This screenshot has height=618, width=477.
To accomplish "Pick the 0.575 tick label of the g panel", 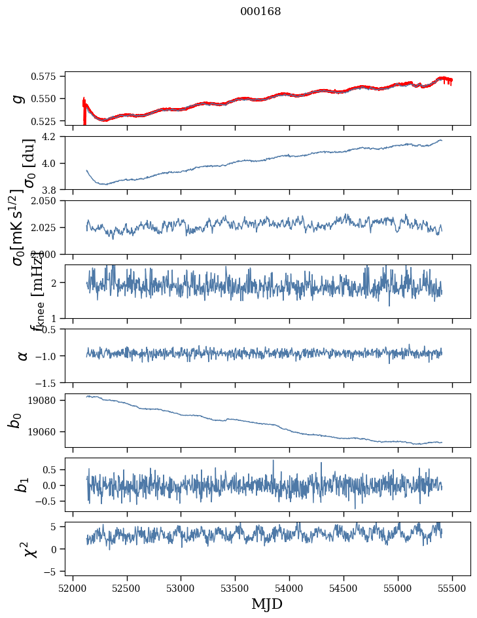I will (x=48, y=76).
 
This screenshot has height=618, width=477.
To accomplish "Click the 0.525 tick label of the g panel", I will (x=48, y=121).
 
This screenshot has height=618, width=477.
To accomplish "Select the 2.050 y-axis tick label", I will (x=48, y=201).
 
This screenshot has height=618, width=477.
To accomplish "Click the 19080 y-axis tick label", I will (x=47, y=400).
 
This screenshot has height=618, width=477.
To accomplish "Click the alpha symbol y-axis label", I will (x=22, y=355).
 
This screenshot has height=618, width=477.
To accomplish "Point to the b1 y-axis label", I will (x=22, y=484).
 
